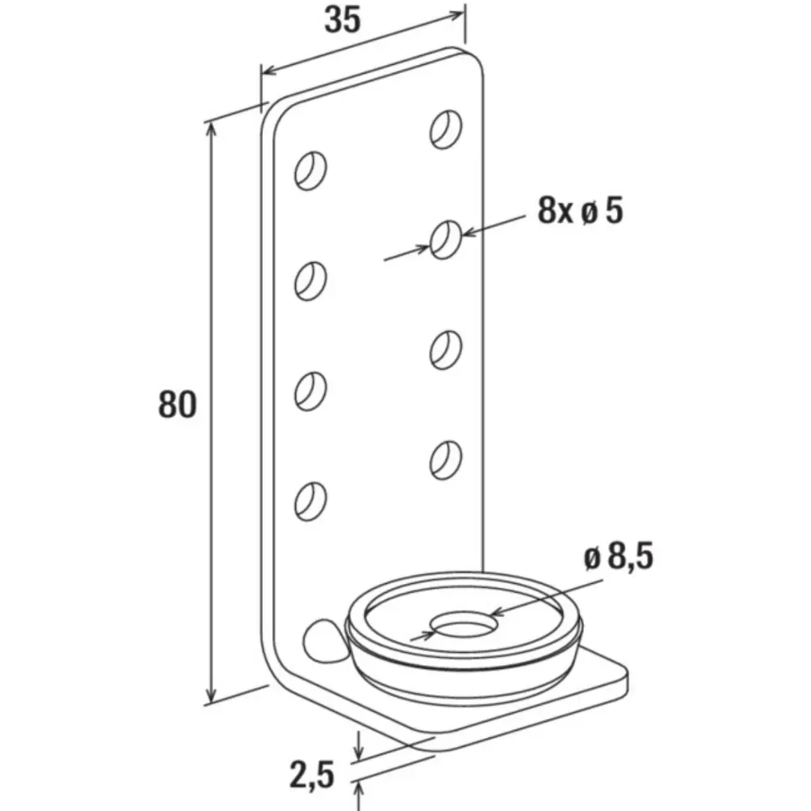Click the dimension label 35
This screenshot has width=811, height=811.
click(x=342, y=20)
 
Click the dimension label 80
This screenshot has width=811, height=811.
click(x=177, y=405)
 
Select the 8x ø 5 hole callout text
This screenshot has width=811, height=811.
click(x=580, y=211)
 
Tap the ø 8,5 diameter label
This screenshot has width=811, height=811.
click(x=619, y=556)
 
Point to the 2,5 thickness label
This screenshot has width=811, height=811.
click(x=312, y=775)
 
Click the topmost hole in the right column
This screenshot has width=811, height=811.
click(x=446, y=129)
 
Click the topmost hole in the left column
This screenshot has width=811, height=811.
click(x=311, y=171)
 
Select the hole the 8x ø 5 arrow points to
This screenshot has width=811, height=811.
click(x=446, y=239)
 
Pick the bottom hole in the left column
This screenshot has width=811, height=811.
click(x=311, y=502)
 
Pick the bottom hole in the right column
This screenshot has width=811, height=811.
click(x=446, y=460)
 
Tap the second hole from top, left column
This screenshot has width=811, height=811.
click(x=311, y=281)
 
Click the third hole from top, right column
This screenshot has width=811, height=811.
click(x=446, y=350)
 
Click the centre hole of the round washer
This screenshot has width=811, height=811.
click(x=464, y=624)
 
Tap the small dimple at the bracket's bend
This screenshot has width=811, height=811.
click(x=324, y=640)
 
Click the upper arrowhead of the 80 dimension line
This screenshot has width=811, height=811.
click(x=210, y=129)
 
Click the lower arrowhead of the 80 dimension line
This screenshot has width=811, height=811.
click(x=210, y=696)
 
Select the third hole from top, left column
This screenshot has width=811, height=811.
click(x=311, y=392)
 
